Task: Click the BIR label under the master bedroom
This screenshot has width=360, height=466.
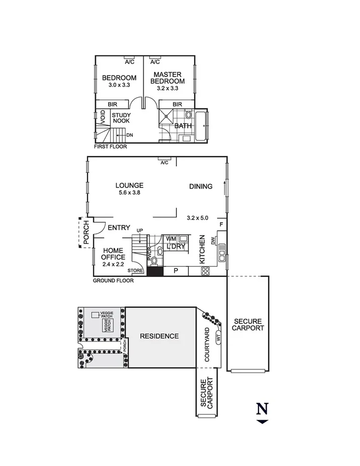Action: (x=177, y=104)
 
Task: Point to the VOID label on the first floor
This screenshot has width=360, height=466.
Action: (x=103, y=118)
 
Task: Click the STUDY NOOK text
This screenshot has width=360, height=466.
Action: (x=121, y=118)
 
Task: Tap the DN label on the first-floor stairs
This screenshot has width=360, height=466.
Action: (x=129, y=135)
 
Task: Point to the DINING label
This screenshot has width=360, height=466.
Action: (x=201, y=187)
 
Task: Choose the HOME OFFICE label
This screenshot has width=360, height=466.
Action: (x=113, y=254)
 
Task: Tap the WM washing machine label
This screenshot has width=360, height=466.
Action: (x=171, y=238)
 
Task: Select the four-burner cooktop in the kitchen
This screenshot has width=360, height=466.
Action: (x=205, y=271)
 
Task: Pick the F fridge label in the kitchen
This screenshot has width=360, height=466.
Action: (x=220, y=224)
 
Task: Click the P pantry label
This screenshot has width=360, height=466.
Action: (x=175, y=271)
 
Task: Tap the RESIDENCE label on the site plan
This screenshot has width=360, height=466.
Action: (x=159, y=336)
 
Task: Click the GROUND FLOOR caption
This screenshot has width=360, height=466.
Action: (x=113, y=281)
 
